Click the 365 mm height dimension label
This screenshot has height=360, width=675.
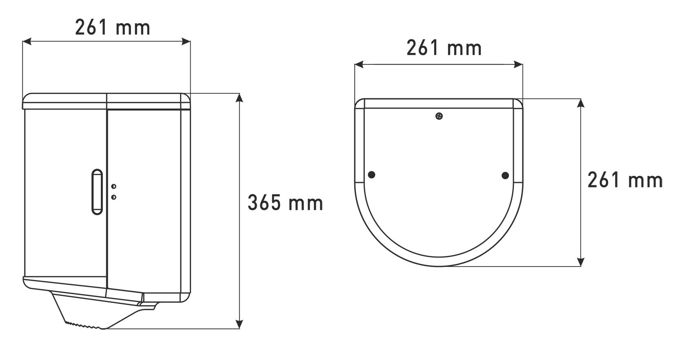click(285, 202)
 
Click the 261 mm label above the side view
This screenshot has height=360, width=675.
click(112, 27)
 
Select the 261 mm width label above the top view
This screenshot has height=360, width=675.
click(444, 48)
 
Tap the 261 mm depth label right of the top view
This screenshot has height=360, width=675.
click(625, 180)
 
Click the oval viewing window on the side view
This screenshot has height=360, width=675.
click(97, 192)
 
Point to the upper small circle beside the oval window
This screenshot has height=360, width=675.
click(113, 187)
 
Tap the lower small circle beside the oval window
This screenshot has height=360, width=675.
click(113, 197)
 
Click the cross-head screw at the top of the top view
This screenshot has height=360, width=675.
click(439, 116)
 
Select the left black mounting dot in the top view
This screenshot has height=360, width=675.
click(372, 175)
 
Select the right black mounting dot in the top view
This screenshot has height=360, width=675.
click(505, 176)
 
